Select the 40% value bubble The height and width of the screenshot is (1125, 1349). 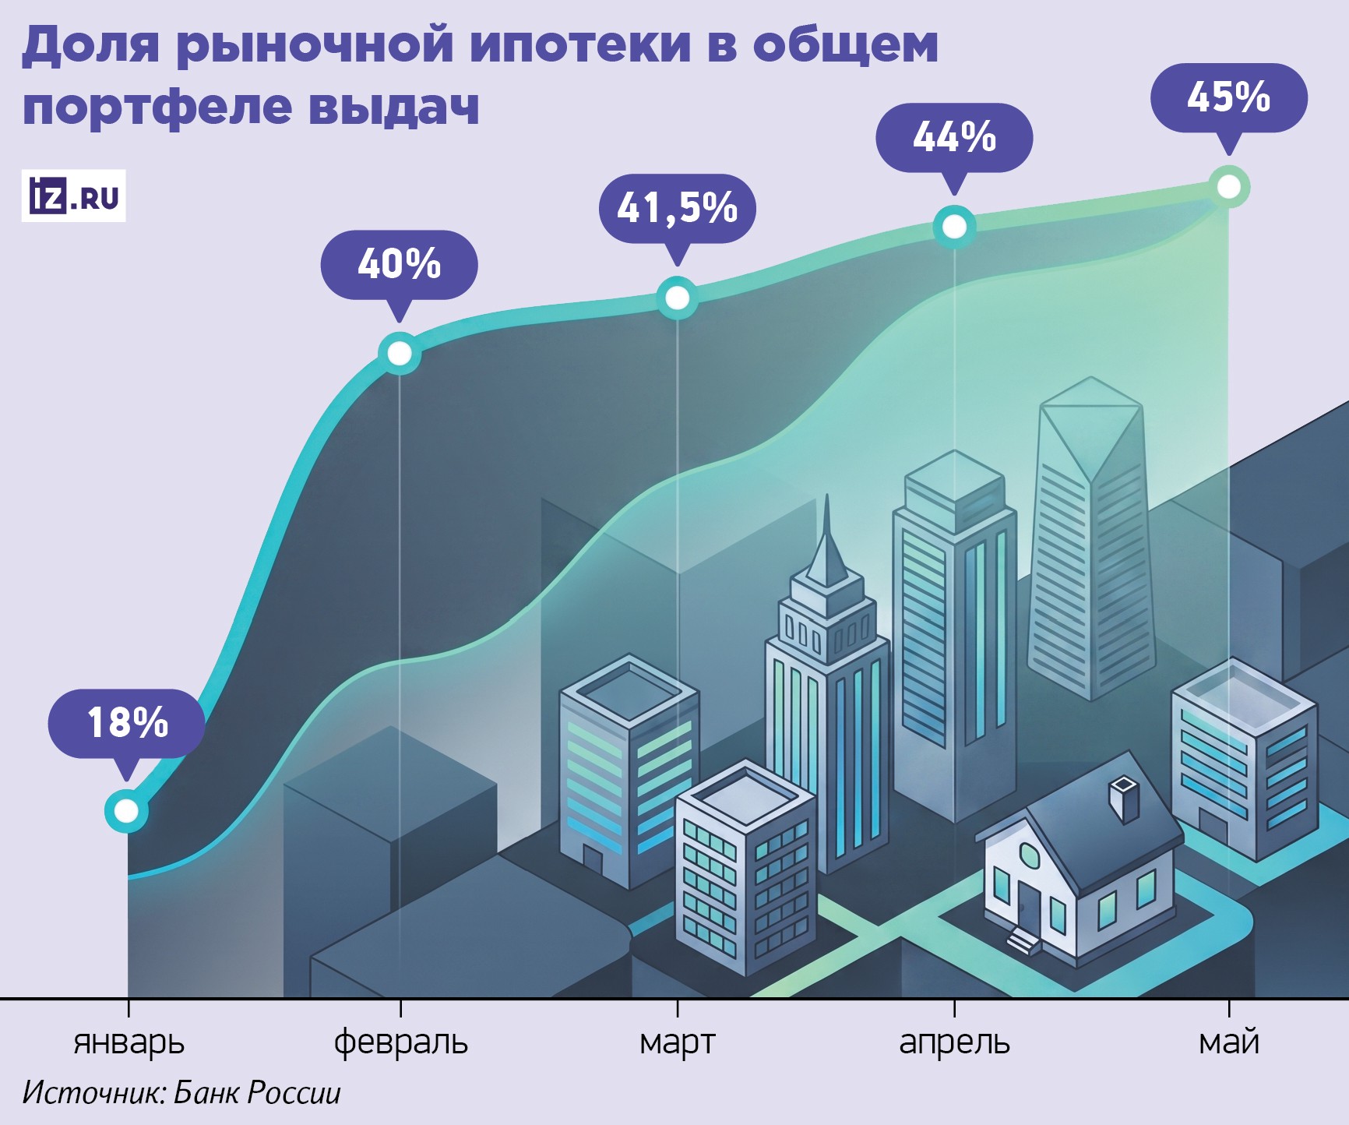(399, 264)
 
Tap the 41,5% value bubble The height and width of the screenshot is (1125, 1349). (677, 208)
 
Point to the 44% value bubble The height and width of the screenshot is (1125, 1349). (954, 137)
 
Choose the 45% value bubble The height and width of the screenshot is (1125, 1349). (1228, 97)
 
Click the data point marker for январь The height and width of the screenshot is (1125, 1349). (126, 811)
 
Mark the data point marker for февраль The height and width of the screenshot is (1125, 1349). (400, 354)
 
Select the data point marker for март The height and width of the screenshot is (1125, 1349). (677, 298)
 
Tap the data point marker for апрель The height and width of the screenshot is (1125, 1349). (954, 227)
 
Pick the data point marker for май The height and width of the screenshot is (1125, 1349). (1228, 187)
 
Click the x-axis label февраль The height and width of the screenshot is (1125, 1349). (400, 1042)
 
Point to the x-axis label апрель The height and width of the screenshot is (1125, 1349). (954, 1042)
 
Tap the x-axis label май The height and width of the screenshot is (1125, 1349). (1228, 1042)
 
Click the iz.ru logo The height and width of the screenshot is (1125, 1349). (73, 196)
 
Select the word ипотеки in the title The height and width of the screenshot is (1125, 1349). (580, 44)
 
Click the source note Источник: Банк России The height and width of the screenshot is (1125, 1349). (181, 1092)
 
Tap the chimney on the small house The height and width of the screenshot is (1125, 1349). (1124, 798)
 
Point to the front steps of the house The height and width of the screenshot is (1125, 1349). (1023, 941)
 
